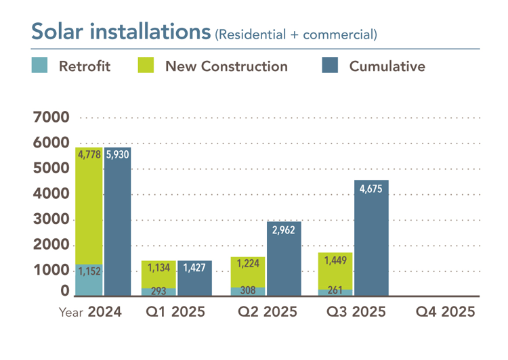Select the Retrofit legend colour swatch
pos(39,66)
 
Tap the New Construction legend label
pos(226,66)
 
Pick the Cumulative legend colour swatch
pos(329,66)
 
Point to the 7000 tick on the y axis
pos(51,118)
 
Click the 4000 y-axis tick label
pos(51,194)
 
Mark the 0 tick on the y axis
pos(64,292)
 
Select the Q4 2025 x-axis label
pos(445,313)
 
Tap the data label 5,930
pos(117,154)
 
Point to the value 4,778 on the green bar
pos(89,154)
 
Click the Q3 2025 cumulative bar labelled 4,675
pos(371,237)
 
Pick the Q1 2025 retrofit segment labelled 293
pos(158,292)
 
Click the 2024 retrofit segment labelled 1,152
pos(89,279)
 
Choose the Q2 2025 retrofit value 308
pos(248,291)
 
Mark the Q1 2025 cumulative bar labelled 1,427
pos(194,277)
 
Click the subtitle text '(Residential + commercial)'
pos(296,33)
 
